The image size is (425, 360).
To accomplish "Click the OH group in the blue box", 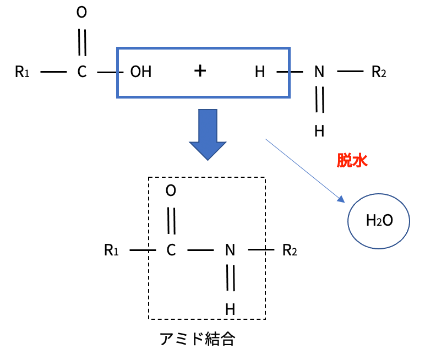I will (140, 72).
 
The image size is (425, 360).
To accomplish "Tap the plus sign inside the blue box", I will (200, 71).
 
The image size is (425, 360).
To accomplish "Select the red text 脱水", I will (352, 160).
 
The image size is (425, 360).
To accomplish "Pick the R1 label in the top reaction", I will (22, 72).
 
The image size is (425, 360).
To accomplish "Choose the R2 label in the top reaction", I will (379, 72).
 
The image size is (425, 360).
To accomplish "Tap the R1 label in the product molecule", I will (111, 251).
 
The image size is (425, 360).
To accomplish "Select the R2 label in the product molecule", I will (290, 251).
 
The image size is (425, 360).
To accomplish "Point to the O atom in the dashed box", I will (171, 191).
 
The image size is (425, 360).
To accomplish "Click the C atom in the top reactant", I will (81, 72).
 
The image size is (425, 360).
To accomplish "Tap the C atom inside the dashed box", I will (171, 251).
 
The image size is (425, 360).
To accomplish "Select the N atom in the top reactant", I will (319, 72).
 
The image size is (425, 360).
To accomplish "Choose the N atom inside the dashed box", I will (230, 251).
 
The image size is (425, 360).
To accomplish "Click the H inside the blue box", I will (260, 72).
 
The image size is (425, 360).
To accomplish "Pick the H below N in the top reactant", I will (319, 131).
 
